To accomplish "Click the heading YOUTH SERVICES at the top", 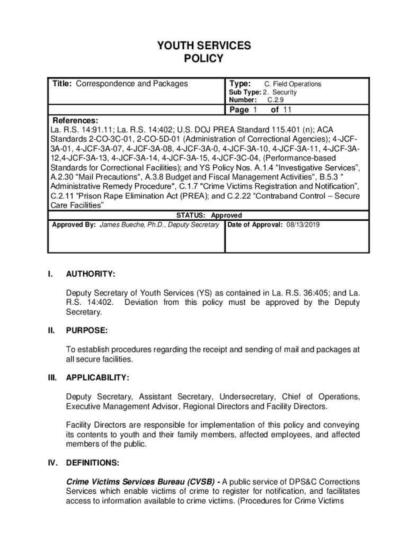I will click(x=203, y=46).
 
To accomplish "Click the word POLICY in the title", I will click(x=203, y=59).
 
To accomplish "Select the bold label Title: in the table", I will click(x=63, y=84).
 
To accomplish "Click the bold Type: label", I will click(x=240, y=84).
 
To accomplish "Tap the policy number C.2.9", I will click(x=276, y=100).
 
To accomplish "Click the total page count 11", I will click(x=288, y=110).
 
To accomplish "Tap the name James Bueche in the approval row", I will click(x=122, y=225).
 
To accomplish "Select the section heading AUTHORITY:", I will click(x=91, y=274).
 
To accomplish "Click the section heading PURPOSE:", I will click(x=87, y=331).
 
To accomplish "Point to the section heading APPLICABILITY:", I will click(x=97, y=378).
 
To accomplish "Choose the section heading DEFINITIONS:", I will click(x=93, y=463).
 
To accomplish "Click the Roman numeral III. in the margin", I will click(x=51, y=378).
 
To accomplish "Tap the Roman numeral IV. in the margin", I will click(x=52, y=463).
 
